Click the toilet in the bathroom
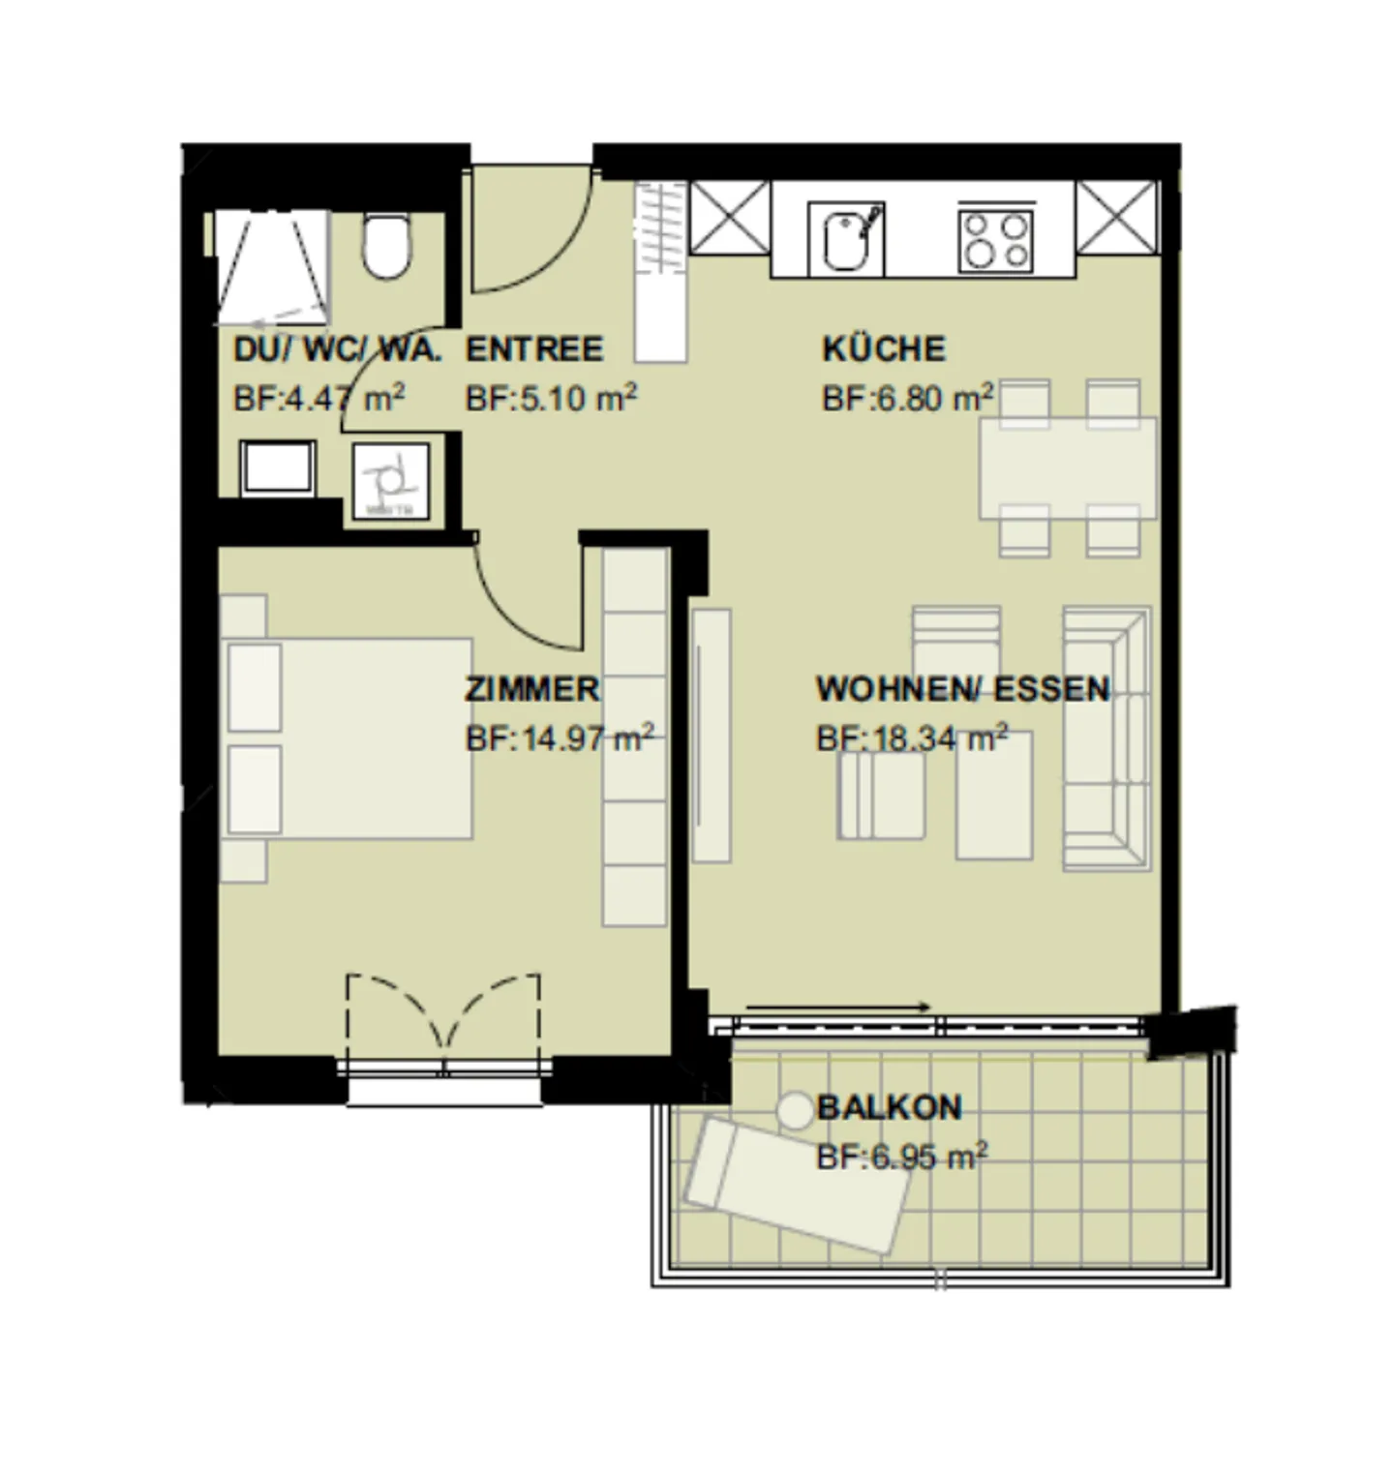point(386,247)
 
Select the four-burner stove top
point(995,239)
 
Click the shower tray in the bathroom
point(270,267)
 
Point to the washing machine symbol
point(390,478)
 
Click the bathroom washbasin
point(278,469)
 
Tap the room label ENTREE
point(533,348)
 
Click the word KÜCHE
point(883,348)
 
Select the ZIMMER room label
point(531,689)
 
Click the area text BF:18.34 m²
point(911,738)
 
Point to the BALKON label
point(889,1106)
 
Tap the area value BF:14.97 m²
point(559,738)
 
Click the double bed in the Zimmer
point(348,738)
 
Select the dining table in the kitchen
point(1067,468)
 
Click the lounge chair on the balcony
point(797,1186)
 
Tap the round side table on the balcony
point(796,1109)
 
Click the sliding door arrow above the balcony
point(838,1007)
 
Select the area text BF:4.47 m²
point(318,399)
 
